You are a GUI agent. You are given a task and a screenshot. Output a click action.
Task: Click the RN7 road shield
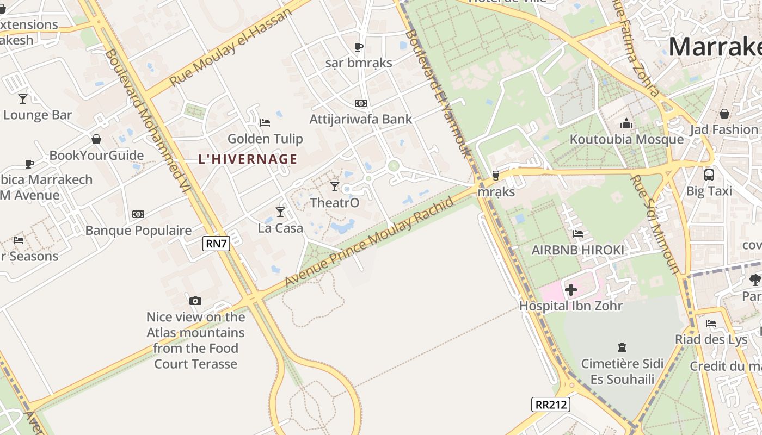coord(216,243)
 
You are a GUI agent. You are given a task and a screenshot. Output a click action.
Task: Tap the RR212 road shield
coord(550,405)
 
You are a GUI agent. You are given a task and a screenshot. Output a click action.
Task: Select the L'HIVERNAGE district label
coord(248,159)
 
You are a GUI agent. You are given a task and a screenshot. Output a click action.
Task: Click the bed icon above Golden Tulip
coord(265,122)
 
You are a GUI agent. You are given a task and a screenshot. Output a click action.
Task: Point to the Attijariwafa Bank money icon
coord(360,103)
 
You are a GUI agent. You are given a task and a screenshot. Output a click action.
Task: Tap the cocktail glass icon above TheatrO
coord(335,187)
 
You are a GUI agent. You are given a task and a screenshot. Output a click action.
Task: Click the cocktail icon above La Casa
coord(280,212)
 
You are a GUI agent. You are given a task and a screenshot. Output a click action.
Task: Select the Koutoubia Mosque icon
coord(626,123)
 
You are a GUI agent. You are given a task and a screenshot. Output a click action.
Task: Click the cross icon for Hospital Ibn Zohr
coord(570,290)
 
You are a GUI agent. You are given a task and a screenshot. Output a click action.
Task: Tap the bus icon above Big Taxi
coord(709,175)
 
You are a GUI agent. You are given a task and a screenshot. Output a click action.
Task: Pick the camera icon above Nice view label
coord(195,301)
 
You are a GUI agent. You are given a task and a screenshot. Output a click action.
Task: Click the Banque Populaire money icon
coord(138,214)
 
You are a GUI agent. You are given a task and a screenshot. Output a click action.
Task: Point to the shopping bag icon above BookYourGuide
coord(96,139)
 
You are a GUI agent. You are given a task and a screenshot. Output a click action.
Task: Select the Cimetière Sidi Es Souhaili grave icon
coord(622,347)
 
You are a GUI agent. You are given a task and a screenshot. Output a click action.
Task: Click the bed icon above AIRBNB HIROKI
coord(578,234)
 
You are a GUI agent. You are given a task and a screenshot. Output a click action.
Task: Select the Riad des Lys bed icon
coord(711,323)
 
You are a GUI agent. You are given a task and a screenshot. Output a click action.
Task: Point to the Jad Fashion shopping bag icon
coord(724,114)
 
